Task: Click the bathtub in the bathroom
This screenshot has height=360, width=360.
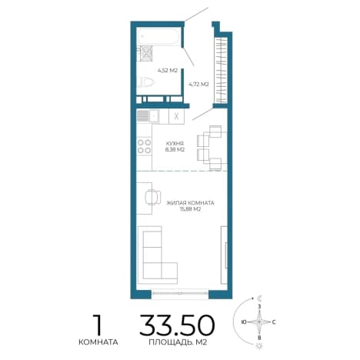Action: (158, 37)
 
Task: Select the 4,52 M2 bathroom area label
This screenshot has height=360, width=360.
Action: (168, 71)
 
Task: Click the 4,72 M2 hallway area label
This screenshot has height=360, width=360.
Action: (198, 84)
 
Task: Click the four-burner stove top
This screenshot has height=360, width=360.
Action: (144, 146)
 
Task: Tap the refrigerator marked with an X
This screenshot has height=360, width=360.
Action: (176, 116)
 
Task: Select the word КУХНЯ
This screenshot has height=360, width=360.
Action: (175, 143)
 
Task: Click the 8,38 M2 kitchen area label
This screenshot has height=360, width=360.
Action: (175, 150)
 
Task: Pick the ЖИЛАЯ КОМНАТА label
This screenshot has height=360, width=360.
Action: (190, 203)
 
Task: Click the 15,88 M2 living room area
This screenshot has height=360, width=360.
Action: (190, 209)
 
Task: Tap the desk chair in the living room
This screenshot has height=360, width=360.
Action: (153, 197)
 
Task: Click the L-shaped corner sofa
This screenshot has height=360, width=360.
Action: (157, 255)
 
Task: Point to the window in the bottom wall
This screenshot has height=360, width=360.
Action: (179, 294)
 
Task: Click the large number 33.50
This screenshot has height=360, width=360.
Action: (177, 325)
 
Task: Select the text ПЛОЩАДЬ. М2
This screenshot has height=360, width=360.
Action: (178, 342)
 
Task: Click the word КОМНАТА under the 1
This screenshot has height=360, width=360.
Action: (98, 342)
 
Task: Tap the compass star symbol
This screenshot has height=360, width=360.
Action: (259, 322)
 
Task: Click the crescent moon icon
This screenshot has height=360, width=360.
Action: (260, 298)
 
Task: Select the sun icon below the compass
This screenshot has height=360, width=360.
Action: (259, 346)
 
